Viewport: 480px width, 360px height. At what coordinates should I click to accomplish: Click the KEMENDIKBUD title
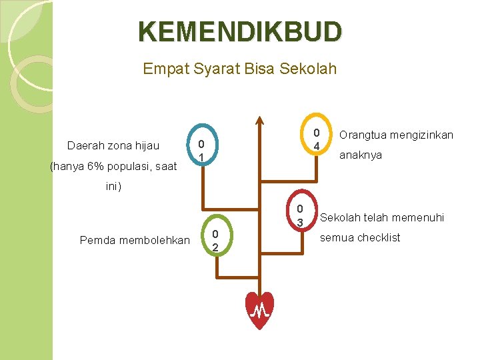[x=240, y=31]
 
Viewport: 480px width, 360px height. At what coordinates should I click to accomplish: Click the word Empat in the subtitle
[x=162, y=69]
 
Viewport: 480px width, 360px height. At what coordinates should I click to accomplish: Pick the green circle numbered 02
[x=215, y=240]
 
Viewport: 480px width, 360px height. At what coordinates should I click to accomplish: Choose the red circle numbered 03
[x=301, y=214]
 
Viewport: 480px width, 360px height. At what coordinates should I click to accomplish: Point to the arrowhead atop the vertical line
[x=260, y=121]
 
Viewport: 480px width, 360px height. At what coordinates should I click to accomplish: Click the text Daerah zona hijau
[x=113, y=146]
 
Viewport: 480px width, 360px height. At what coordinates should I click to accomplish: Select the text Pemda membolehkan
[x=134, y=240]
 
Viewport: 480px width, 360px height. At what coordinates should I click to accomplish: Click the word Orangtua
[x=362, y=135]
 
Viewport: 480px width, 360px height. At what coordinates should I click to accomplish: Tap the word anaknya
[x=361, y=156]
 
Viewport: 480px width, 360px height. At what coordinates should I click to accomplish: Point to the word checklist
[x=378, y=238]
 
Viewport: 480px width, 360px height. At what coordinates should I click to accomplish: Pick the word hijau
[x=146, y=146]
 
